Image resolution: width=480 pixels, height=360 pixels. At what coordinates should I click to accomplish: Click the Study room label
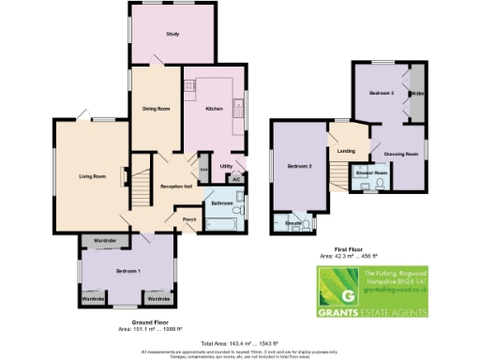click(172, 35)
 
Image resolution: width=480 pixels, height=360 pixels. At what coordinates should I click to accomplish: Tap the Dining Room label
click(157, 109)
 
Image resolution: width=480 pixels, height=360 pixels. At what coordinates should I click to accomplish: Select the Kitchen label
click(214, 110)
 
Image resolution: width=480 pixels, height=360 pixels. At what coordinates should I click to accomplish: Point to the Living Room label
click(91, 176)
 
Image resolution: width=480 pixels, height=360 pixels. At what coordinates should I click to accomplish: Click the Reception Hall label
click(176, 187)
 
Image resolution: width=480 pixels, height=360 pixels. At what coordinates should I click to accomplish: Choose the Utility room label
click(226, 166)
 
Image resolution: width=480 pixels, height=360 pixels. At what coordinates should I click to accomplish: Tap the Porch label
click(189, 221)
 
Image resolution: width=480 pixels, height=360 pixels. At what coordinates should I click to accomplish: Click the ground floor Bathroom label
click(222, 203)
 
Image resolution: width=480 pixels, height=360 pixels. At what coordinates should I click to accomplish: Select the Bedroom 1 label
click(127, 270)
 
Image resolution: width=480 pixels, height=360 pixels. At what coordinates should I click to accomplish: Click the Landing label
click(346, 150)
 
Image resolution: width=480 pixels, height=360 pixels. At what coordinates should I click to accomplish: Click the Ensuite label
click(292, 225)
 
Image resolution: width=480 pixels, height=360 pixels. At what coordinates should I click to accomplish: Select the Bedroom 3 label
click(380, 94)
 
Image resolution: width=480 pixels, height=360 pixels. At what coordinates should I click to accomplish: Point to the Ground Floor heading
click(136, 322)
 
